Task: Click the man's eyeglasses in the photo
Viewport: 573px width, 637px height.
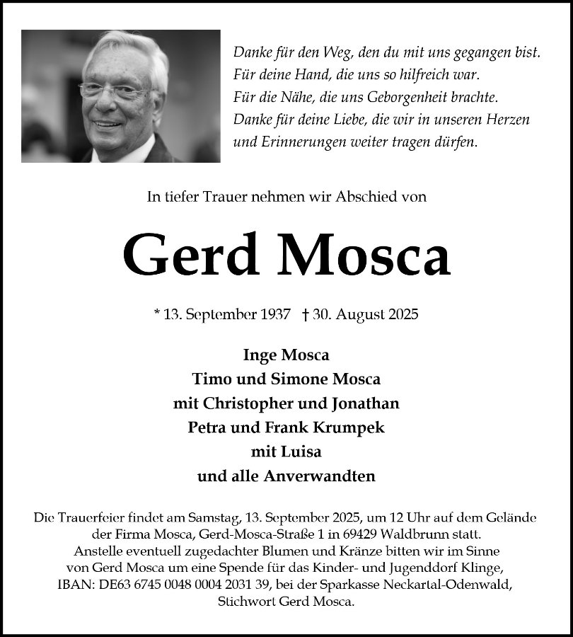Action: click(x=113, y=91)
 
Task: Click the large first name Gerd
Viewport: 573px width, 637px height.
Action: click(x=190, y=255)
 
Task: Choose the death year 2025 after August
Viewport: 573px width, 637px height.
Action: click(x=403, y=315)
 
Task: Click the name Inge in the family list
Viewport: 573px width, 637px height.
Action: click(x=260, y=355)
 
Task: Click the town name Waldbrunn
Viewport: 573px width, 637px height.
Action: click(x=399, y=534)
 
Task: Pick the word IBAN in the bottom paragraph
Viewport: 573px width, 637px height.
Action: click(x=74, y=583)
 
